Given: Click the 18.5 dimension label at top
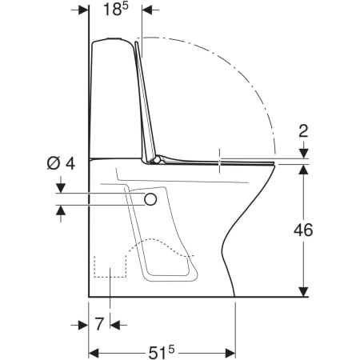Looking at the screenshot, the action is (115, 10).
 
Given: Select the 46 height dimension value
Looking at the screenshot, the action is (303, 230).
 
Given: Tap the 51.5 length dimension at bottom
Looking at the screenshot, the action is (162, 353).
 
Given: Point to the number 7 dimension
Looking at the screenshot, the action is (99, 324).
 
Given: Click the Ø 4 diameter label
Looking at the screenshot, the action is (61, 163).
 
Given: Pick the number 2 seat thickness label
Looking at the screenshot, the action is (303, 131).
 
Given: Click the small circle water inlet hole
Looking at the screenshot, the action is (150, 199).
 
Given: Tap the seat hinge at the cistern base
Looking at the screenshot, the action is (157, 159).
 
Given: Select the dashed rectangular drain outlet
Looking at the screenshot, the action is (110, 266).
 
